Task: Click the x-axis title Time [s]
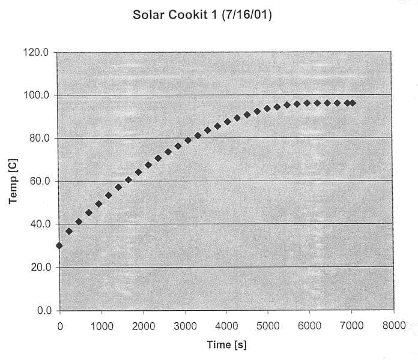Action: point(226,344)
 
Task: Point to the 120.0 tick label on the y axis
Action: point(37,53)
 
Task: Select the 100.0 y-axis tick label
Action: point(37,95)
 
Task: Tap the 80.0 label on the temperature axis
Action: point(39,139)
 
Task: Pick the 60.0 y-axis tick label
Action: point(39,181)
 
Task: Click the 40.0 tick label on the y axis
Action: point(39,224)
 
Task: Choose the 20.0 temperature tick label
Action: point(39,267)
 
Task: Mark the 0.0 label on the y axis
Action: point(41,310)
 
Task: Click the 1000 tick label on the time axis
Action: point(101,325)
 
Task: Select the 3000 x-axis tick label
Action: point(184,325)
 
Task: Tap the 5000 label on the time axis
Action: point(268,325)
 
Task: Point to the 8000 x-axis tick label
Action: point(393,325)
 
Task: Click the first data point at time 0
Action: point(59,245)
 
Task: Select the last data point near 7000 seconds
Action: point(353,103)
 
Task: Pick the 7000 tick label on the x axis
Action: point(352,325)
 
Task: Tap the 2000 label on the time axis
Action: point(143,325)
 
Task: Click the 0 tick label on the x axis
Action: point(59,325)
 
